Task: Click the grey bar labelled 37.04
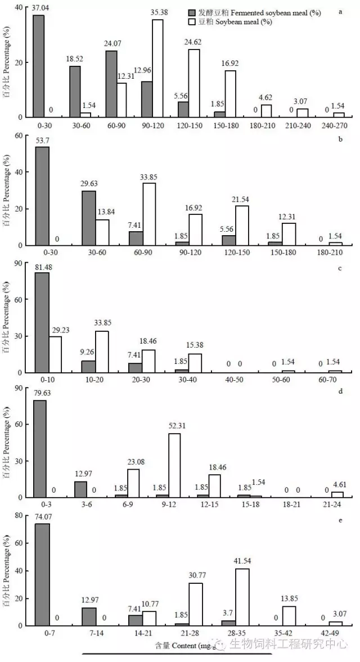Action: click(x=38, y=66)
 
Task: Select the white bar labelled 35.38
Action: click(x=157, y=68)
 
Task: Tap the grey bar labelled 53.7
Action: click(x=42, y=196)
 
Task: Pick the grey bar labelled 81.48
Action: click(x=42, y=322)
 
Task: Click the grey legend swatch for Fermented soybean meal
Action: click(x=193, y=13)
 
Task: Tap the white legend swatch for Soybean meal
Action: click(x=193, y=22)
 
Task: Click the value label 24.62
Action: click(x=194, y=43)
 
